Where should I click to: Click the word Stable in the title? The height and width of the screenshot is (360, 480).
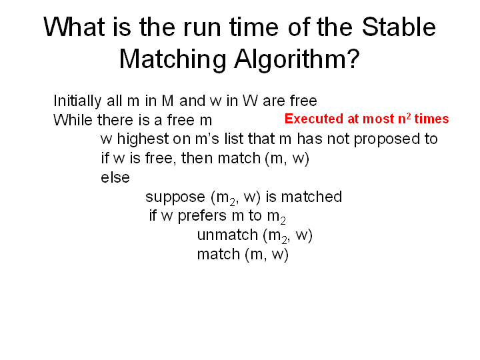tap(399, 27)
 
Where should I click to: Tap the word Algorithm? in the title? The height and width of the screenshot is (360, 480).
tap(297, 59)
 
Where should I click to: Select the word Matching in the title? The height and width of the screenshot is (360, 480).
tap(173, 59)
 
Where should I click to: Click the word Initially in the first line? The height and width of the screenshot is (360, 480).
tap(77, 101)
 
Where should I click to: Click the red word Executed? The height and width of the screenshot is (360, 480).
tap(314, 119)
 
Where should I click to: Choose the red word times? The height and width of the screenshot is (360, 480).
tap(431, 119)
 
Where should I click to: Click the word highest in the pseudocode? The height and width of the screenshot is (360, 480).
tap(143, 139)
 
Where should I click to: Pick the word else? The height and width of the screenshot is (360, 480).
tap(115, 177)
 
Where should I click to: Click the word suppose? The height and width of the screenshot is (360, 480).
tap(175, 197)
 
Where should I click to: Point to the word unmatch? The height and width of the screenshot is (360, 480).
tap(227, 235)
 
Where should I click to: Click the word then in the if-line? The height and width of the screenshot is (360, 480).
tap(197, 158)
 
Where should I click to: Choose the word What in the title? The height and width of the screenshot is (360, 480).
tap(74, 27)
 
